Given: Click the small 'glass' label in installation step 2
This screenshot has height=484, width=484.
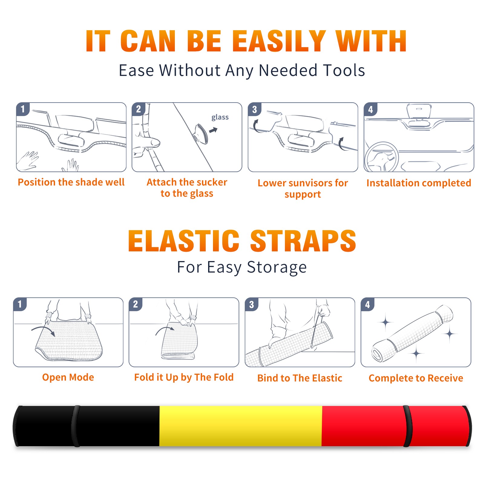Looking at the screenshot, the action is tap(220, 117).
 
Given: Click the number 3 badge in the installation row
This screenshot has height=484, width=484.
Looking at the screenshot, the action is tap(254, 110).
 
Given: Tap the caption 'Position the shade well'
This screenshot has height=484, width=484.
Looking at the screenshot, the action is tap(71, 182).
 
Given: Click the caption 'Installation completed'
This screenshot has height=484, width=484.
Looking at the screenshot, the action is tap(419, 183).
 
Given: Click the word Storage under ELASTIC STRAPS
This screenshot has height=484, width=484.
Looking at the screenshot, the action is tap(277, 267).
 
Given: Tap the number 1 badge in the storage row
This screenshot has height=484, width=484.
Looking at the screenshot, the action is tap(20, 304).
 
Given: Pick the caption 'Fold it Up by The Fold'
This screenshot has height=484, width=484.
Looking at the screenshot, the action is tap(184, 377).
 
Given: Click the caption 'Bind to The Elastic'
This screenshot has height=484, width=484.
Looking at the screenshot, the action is tap(300, 378).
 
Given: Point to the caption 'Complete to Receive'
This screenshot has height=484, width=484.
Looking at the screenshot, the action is tap(416, 378).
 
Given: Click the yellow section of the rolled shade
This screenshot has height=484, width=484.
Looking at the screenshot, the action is tap(240, 426).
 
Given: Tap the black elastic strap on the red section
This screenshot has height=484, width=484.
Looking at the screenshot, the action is tap(407, 426).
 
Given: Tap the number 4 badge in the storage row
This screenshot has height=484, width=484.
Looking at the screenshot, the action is tap(367, 304).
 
